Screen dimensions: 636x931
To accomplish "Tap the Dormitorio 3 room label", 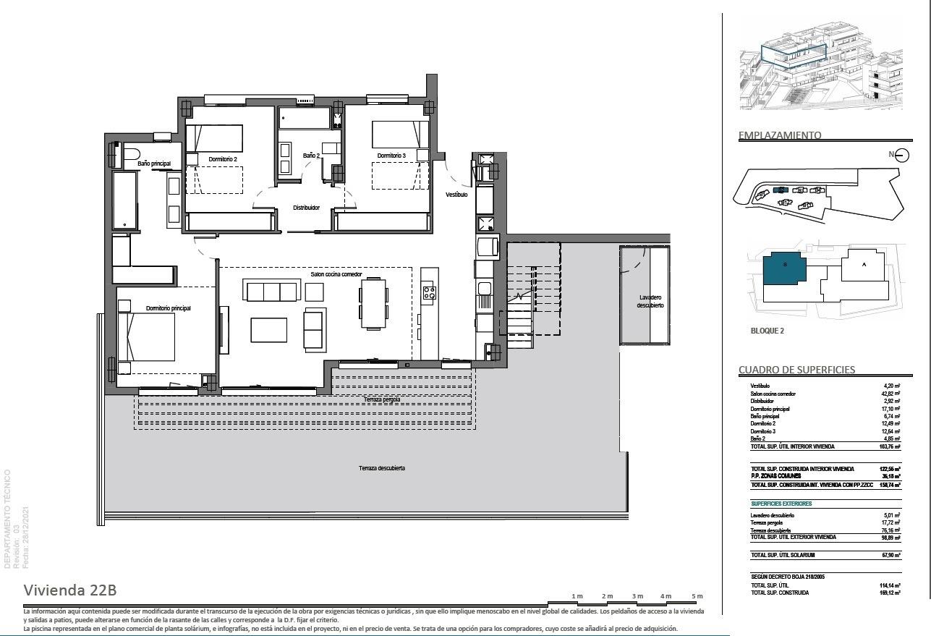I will click(391, 156).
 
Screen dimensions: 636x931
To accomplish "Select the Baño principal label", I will click(154, 164).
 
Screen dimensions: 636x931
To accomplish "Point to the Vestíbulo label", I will click(456, 195).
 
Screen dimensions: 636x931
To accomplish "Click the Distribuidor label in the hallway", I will click(306, 208).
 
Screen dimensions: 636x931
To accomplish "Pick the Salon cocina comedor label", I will click(336, 275).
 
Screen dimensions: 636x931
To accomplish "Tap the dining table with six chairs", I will click(373, 304).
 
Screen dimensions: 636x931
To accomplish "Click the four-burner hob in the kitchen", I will click(429, 292).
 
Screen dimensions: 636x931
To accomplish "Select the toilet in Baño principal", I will click(131, 153).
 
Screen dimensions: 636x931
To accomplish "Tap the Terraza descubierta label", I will click(381, 468).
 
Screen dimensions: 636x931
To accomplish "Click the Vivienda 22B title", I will click(70, 590).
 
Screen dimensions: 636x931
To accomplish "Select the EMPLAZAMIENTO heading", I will click(780, 135).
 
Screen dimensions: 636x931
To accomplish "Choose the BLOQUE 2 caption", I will click(766, 331).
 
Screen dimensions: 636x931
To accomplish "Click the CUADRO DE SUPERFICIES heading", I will click(796, 370).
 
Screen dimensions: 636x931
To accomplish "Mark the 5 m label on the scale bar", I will click(697, 596).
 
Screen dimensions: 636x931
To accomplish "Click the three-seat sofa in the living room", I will click(272, 292).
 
